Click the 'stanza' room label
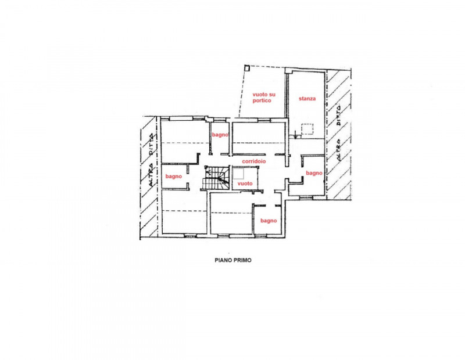pos(307,99)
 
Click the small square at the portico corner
pos(248,68)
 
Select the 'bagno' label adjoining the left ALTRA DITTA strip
pos(174,176)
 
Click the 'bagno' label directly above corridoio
pos(219,135)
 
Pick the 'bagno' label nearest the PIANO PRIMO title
pos(268,221)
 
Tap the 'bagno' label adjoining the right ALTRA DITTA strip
pos(314,173)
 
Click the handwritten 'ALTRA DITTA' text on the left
pos(152,157)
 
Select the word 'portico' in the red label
pos(262,100)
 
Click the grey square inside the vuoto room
pos(238,173)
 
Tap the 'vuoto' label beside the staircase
pos(245,183)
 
